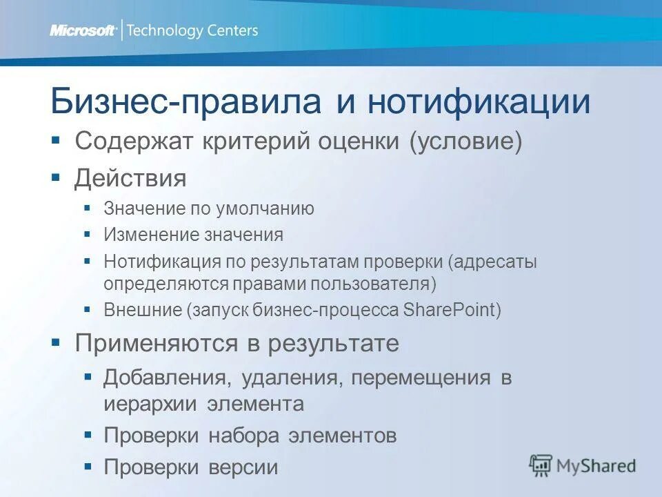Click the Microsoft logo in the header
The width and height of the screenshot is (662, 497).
(83, 30)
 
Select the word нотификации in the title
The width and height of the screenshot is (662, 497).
(479, 102)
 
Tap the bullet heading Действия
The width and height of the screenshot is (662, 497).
(130, 179)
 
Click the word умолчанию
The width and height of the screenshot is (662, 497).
(266, 208)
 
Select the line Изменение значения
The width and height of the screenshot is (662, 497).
(193, 235)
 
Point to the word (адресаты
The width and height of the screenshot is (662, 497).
(492, 262)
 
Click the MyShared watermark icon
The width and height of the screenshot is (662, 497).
(541, 466)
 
